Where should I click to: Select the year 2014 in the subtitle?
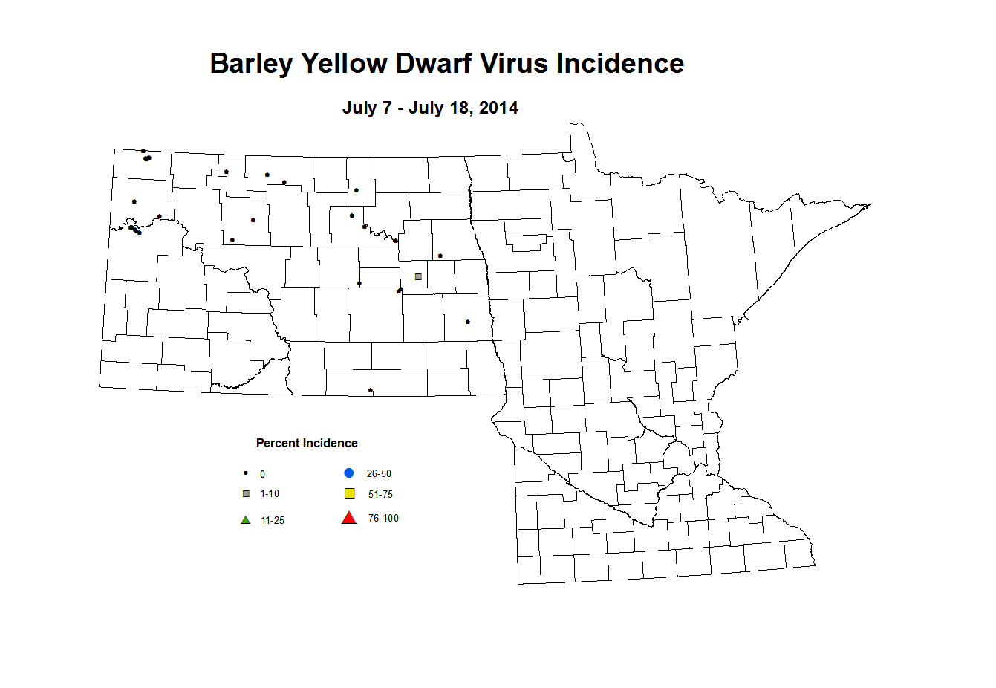point(498,108)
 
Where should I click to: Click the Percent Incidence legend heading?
point(307,444)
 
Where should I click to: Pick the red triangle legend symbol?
point(348,518)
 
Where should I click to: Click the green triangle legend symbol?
point(246,520)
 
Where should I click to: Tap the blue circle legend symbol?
point(349,473)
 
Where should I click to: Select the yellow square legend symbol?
point(349,493)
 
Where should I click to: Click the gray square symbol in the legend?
point(246,494)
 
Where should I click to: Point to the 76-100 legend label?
point(383,519)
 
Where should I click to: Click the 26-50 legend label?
point(379,474)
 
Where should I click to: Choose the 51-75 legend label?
point(380,495)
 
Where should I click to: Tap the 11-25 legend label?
point(273,521)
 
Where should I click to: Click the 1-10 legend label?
point(270,494)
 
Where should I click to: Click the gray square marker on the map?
point(418,277)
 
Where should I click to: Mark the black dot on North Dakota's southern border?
point(371,390)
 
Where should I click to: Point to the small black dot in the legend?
point(246,473)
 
